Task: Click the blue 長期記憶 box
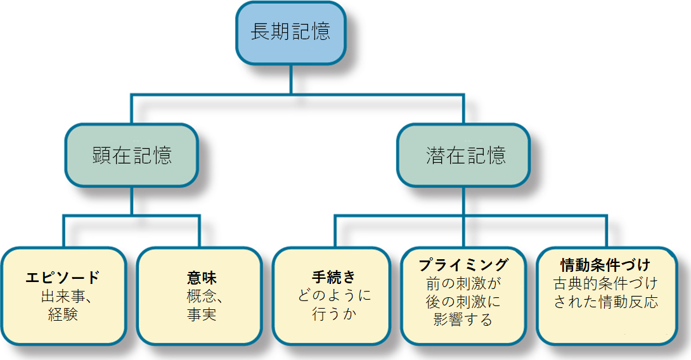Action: (x=291, y=32)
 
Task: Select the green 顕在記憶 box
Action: (x=132, y=155)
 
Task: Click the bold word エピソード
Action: (x=63, y=278)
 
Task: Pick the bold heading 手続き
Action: (x=334, y=278)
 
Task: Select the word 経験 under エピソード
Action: (x=63, y=314)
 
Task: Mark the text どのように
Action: (x=334, y=295)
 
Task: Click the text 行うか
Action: (x=334, y=314)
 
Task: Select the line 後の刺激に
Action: (x=463, y=301)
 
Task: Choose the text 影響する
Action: (x=463, y=319)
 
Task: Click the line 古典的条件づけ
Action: (x=606, y=283)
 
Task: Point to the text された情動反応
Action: (x=606, y=302)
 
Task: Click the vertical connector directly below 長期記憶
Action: (x=291, y=79)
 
